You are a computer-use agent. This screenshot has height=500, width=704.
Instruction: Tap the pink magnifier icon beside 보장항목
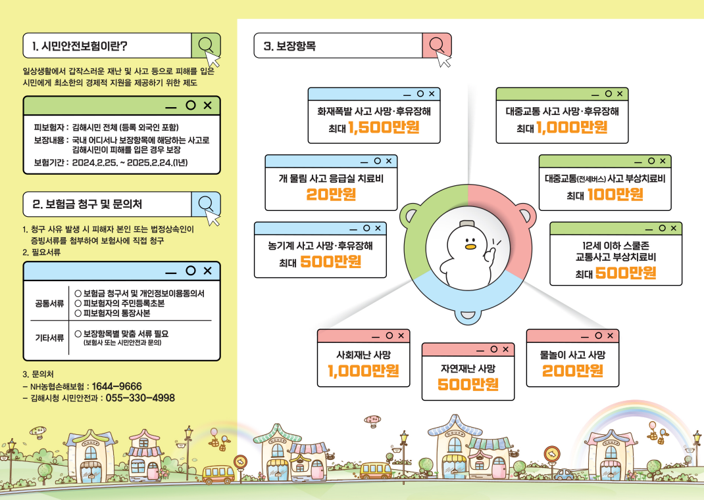(x=436, y=45)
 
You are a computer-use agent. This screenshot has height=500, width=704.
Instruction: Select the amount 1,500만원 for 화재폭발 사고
(x=384, y=127)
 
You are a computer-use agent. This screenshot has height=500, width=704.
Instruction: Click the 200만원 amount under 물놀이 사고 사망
(x=572, y=371)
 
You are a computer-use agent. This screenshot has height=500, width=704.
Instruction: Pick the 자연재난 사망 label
(x=468, y=367)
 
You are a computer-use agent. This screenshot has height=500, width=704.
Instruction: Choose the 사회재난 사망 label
(x=363, y=355)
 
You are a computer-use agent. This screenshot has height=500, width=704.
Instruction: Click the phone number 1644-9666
(x=116, y=386)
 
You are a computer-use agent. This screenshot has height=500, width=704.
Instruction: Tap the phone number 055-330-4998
(x=140, y=398)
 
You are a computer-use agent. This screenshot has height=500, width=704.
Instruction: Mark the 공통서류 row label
(x=49, y=304)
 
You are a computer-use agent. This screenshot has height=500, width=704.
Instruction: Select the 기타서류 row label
(x=49, y=338)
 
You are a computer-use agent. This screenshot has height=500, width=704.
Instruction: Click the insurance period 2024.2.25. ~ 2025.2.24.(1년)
(x=130, y=162)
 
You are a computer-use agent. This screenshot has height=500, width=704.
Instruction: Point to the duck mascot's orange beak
(x=469, y=248)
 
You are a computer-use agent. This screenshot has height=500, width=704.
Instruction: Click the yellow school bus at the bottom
(x=218, y=474)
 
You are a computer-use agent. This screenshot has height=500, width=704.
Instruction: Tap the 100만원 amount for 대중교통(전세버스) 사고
(x=615, y=194)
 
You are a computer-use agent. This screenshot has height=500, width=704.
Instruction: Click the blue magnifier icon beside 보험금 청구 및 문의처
(x=206, y=204)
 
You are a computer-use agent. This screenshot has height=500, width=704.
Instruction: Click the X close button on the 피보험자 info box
(x=208, y=105)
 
